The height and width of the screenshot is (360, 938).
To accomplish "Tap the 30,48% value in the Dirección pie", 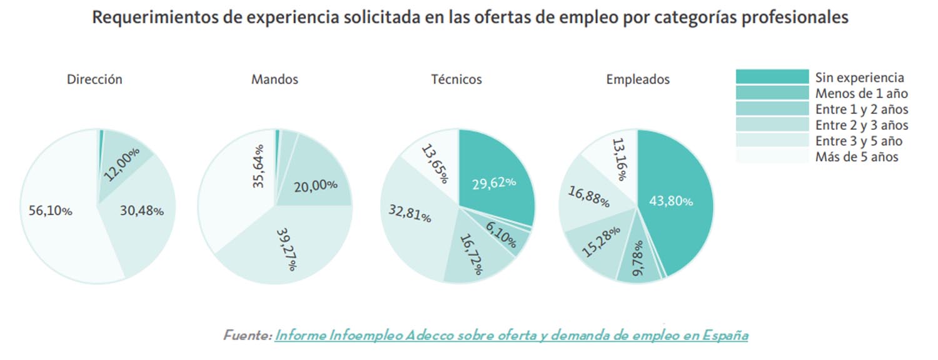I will point(141,211).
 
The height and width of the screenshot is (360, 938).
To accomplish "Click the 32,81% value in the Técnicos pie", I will point(410,214).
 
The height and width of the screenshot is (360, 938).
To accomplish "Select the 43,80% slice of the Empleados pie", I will point(671,201).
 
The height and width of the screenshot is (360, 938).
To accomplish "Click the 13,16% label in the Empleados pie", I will point(618,159).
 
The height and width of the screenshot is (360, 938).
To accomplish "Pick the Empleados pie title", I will point(638,79).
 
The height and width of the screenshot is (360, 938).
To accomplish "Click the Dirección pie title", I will point(94,79).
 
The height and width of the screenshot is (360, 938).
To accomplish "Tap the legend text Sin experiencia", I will point(859,77).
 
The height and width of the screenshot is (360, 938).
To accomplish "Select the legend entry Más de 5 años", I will point(857,157).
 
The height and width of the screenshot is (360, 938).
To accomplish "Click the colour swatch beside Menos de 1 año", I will point(772,93).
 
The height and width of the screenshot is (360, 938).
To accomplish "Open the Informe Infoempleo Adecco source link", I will point(511,335).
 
